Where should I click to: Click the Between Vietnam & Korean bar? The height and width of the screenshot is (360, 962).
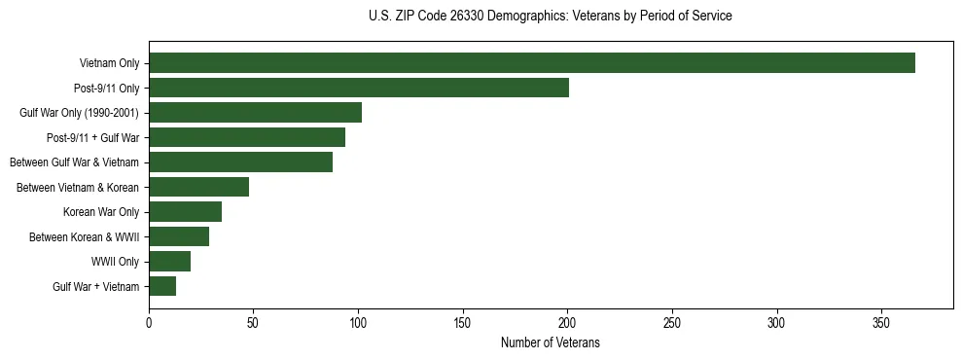[x=198, y=187]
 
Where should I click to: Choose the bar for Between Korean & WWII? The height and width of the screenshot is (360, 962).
[x=179, y=236]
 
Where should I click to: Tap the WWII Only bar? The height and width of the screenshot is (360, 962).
[x=169, y=262]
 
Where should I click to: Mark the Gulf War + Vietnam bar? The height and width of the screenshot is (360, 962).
[x=162, y=286]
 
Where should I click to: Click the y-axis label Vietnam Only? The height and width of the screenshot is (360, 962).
[x=109, y=63]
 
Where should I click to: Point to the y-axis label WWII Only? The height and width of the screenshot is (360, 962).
[x=115, y=262]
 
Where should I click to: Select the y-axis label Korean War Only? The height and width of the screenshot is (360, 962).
[x=101, y=212]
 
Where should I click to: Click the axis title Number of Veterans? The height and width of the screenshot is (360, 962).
[x=551, y=343]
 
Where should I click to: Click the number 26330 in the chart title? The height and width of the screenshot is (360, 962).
[x=453, y=17]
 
